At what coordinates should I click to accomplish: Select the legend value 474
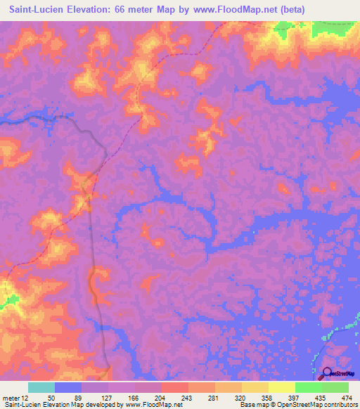pos(346,397)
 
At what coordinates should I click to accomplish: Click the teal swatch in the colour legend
pos(41,387)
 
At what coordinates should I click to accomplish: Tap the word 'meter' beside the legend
pos(11,397)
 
